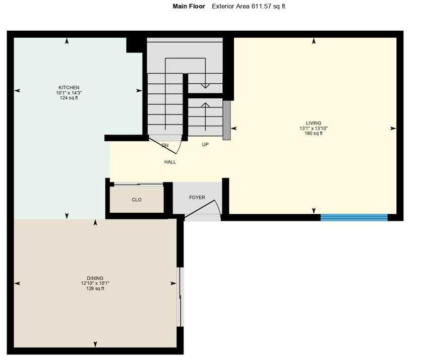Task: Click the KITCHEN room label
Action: [x=68, y=88]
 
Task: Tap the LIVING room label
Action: [x=313, y=123]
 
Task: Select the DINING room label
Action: [x=95, y=278]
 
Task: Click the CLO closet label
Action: [x=137, y=200]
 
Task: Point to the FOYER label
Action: [x=197, y=198]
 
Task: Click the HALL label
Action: [x=170, y=162]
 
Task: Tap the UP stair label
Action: [x=205, y=145]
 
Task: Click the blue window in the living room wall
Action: [x=354, y=217]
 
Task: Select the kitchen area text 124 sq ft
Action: [x=68, y=98]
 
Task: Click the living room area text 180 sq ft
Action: [x=313, y=134]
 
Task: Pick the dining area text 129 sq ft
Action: [x=95, y=288]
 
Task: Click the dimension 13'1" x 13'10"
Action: [x=313, y=129]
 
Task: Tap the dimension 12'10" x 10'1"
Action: [x=95, y=283]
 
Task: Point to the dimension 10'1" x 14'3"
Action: [x=68, y=93]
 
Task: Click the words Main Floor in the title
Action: [x=189, y=7]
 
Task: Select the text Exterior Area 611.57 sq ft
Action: [x=249, y=7]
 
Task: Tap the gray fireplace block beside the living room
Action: [x=226, y=121]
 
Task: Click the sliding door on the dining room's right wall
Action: [x=179, y=296]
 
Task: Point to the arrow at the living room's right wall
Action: [x=393, y=129]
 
